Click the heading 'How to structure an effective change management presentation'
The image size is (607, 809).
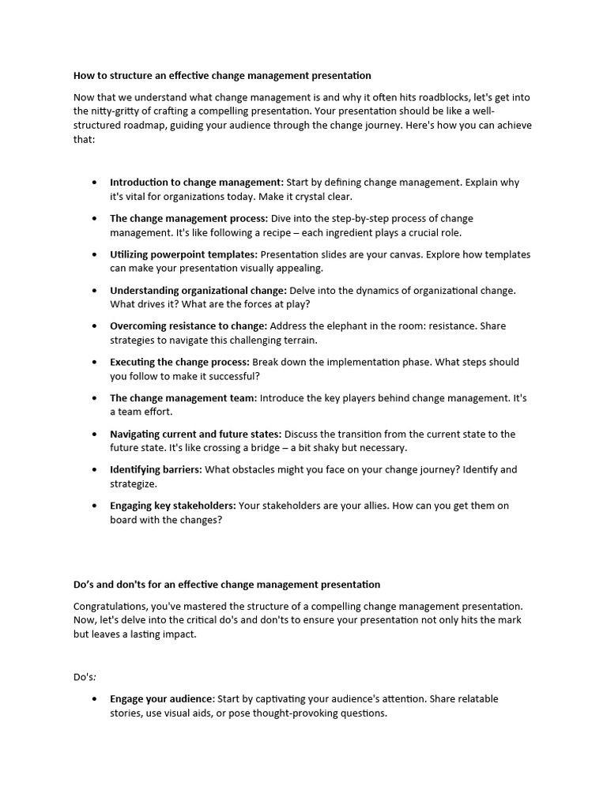222,76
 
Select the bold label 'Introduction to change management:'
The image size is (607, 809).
196,182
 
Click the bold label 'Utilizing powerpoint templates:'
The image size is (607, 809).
183,254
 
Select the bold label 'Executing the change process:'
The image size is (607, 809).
179,362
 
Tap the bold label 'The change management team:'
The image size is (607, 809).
183,398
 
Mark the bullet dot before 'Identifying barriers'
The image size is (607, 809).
95,470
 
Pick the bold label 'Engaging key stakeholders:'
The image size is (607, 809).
172,506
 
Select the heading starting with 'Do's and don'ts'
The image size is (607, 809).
227,585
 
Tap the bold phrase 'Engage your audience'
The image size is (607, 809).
161,699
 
